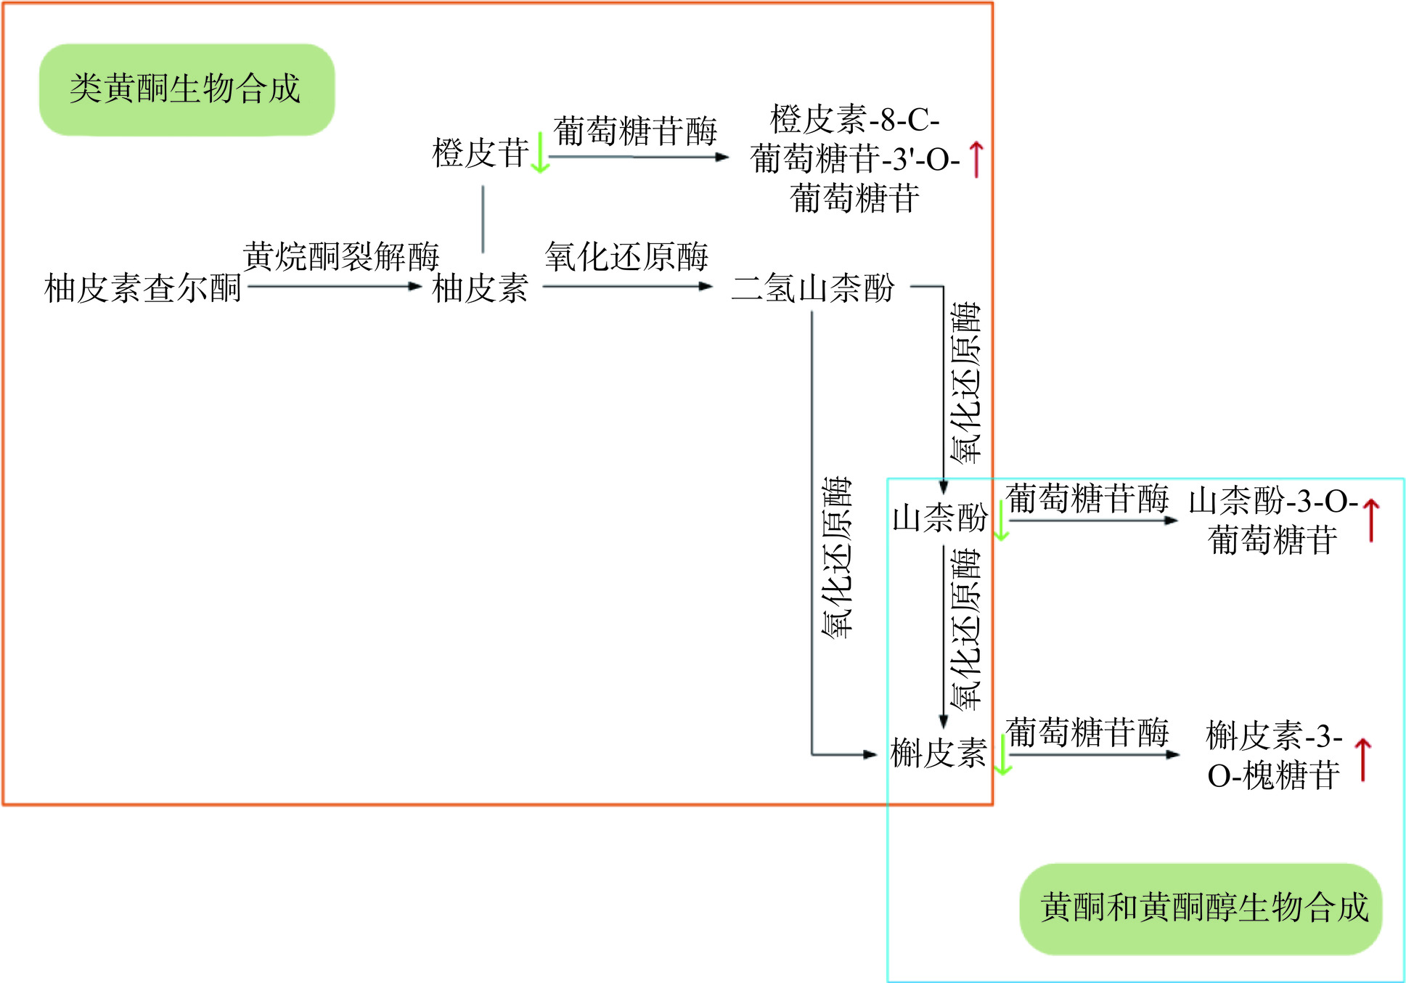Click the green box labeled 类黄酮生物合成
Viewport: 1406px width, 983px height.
click(x=187, y=89)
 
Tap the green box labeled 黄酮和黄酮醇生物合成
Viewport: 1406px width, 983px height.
click(x=1201, y=908)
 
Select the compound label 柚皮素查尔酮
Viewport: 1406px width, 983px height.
click(x=143, y=288)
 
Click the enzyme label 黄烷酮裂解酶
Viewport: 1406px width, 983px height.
click(x=341, y=256)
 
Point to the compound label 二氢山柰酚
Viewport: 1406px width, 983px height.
click(x=812, y=288)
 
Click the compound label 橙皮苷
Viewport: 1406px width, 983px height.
click(x=480, y=153)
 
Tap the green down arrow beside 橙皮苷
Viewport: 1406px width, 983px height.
click(x=539, y=153)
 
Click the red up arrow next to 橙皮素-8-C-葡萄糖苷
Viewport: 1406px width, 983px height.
click(x=977, y=160)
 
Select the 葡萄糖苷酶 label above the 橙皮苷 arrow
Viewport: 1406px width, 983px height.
click(x=635, y=131)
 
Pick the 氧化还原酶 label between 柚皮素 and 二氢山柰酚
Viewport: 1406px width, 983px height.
click(x=626, y=256)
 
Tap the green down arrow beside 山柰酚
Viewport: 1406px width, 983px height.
click(x=1001, y=521)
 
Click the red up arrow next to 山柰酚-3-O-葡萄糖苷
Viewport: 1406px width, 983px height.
click(x=1371, y=520)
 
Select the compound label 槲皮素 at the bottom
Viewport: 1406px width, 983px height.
click(x=939, y=753)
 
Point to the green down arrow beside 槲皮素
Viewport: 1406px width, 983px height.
click(x=1002, y=755)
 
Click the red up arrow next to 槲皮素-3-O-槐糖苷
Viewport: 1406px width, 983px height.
click(x=1363, y=759)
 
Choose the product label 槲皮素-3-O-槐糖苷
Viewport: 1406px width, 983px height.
click(x=1274, y=756)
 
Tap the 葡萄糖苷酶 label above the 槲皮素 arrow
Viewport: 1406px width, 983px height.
click(x=1087, y=733)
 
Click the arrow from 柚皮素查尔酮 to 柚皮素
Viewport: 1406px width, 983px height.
click(x=334, y=287)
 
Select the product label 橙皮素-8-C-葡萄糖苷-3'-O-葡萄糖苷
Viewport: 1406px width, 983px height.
click(x=855, y=159)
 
